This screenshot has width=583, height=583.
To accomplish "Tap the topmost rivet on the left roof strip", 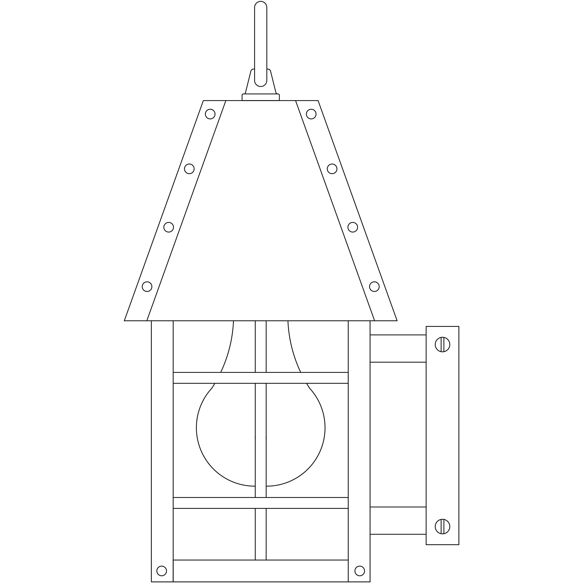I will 210,114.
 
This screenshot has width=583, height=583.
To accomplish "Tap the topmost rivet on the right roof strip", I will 311,114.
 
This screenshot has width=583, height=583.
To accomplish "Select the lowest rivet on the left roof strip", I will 147,286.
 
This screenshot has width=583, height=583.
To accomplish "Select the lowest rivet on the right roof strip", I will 374,286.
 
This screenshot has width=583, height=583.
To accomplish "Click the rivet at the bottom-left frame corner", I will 162,571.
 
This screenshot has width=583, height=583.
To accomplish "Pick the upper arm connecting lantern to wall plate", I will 398,348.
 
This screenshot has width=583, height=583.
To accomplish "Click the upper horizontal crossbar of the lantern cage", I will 261,378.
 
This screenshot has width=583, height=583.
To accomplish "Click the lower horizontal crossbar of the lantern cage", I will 261,503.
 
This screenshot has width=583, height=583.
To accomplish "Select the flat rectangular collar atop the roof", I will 261,97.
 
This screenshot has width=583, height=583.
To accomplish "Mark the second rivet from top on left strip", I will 189,169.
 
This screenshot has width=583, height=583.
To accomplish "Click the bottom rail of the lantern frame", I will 261,571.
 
